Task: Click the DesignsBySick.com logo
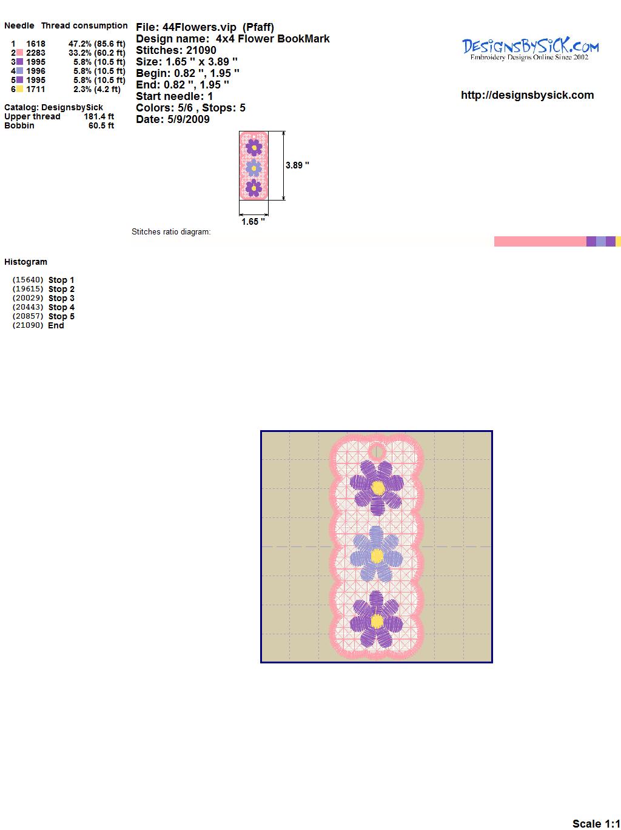[x=530, y=49]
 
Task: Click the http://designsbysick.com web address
[x=527, y=95]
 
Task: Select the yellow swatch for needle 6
[x=19, y=89]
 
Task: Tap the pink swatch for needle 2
[x=19, y=53]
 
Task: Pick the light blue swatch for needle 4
[x=19, y=71]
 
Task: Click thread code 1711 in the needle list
[x=36, y=89]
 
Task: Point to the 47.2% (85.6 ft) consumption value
[x=97, y=44]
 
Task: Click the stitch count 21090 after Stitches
[x=201, y=50]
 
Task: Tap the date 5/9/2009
[x=189, y=119]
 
